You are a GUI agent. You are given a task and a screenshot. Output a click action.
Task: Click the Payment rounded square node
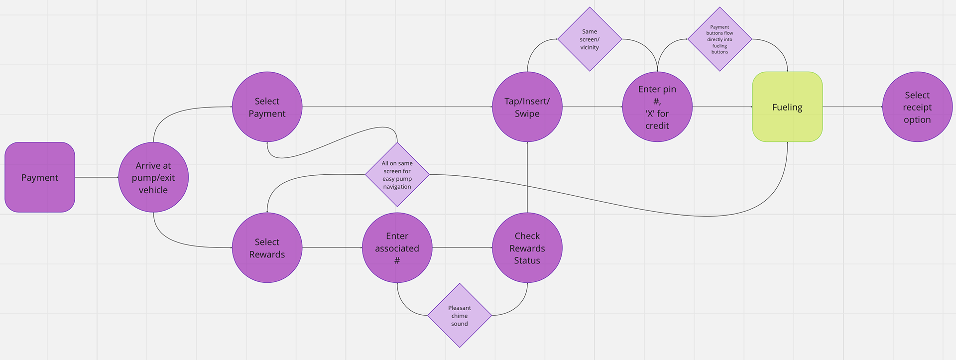(x=40, y=177)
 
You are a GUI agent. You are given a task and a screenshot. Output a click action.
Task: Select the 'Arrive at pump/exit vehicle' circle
(x=153, y=177)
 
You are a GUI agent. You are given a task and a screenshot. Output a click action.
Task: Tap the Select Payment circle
(x=267, y=107)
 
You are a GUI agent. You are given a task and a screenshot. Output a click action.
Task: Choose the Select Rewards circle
(x=267, y=248)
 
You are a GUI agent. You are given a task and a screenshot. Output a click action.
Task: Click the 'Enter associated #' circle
(x=397, y=248)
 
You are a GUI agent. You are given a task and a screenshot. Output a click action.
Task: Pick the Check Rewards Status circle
(x=527, y=248)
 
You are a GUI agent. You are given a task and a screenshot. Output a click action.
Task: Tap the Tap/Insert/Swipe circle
(x=527, y=107)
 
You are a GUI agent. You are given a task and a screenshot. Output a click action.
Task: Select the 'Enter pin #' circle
(x=657, y=107)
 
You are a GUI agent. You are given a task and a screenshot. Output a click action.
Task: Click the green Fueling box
(x=787, y=107)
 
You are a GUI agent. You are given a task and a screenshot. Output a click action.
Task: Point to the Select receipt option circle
(x=917, y=107)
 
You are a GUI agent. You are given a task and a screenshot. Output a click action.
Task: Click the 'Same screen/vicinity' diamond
(x=590, y=39)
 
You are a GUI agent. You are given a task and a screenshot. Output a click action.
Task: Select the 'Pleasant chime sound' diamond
(x=460, y=316)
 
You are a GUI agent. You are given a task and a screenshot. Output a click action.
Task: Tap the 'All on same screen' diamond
(x=397, y=175)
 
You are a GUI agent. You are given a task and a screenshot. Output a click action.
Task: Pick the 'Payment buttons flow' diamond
(x=719, y=39)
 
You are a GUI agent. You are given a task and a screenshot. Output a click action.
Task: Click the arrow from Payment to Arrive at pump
(x=97, y=177)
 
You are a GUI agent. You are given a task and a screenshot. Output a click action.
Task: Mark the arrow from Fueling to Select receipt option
(x=852, y=107)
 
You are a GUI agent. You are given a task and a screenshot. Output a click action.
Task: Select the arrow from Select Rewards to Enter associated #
(x=332, y=248)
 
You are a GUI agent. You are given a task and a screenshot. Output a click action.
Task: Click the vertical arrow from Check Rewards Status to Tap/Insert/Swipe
(x=527, y=177)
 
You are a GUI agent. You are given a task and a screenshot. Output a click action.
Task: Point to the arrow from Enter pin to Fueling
(x=722, y=107)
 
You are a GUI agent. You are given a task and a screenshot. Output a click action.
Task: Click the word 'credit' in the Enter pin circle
(x=657, y=126)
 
